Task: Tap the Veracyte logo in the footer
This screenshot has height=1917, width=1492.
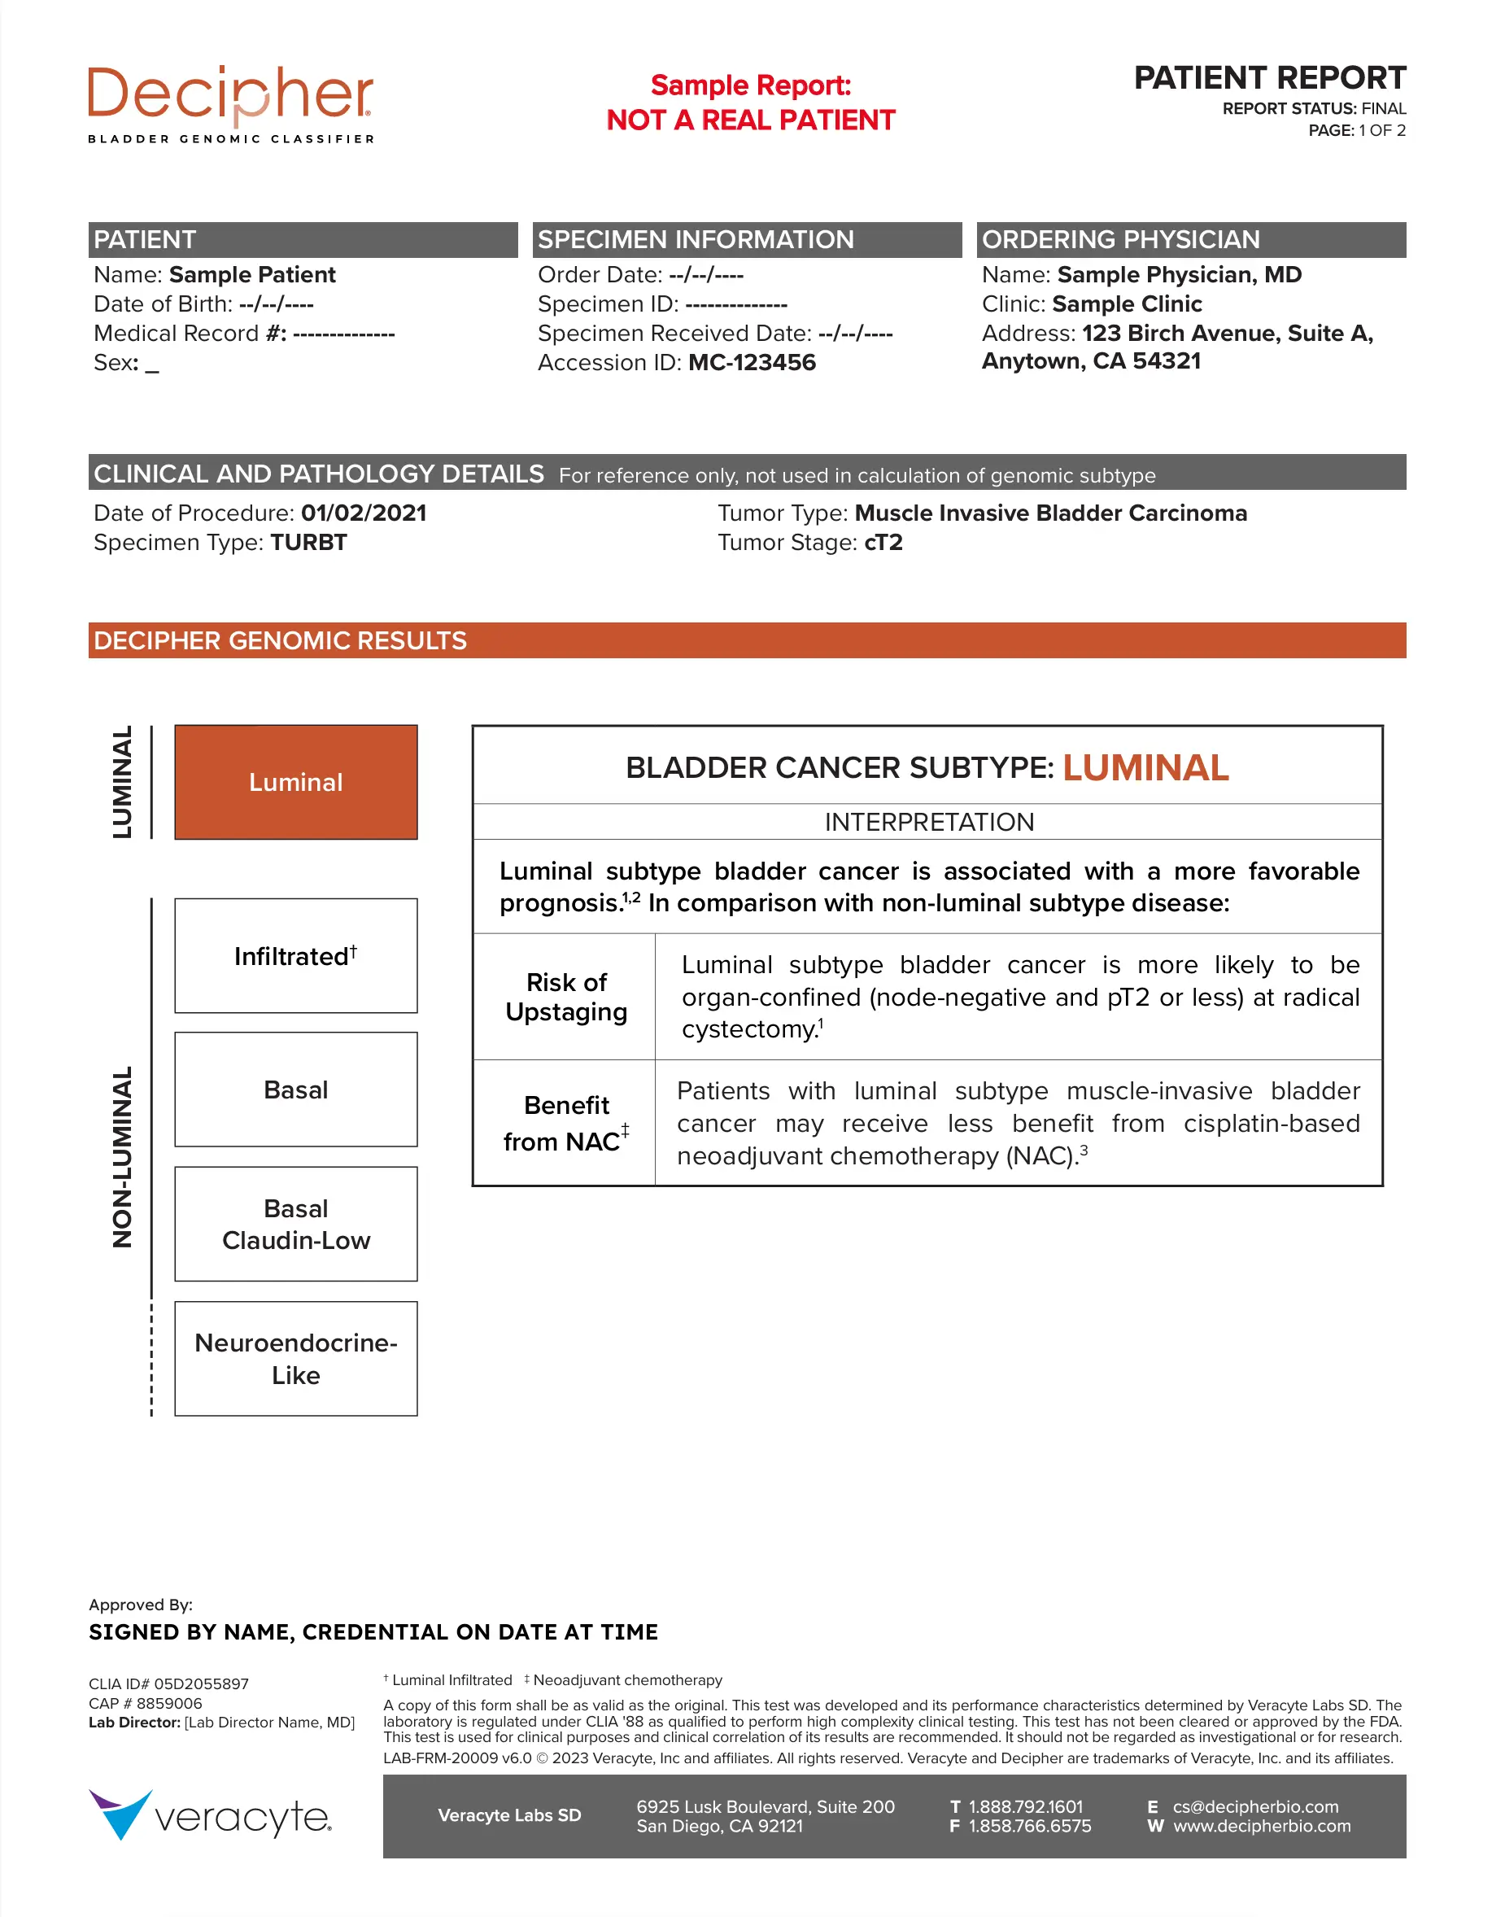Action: (211, 1816)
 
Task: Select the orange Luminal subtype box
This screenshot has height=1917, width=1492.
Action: (296, 782)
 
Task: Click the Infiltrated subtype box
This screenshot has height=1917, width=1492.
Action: (296, 956)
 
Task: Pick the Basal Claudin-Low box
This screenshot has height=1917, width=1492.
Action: (296, 1225)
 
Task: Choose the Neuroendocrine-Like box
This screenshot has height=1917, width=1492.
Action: (296, 1359)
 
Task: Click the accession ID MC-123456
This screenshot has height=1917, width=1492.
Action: (753, 363)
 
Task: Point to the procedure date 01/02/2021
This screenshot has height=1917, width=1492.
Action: (364, 513)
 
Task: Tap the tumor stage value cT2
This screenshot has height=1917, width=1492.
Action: (883, 543)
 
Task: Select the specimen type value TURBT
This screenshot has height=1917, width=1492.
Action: (308, 543)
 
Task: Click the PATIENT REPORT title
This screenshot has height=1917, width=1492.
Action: (1269, 78)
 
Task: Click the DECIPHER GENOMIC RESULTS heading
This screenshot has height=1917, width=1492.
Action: (280, 640)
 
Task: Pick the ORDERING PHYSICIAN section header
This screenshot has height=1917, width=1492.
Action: (1121, 239)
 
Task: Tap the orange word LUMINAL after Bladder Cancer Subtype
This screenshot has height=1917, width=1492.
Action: (1145, 768)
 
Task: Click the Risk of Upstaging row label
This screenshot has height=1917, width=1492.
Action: (566, 997)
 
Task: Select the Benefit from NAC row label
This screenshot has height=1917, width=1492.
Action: (566, 1124)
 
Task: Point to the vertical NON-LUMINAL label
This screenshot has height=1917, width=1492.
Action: (123, 1157)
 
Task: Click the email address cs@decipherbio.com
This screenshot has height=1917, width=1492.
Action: (1256, 1806)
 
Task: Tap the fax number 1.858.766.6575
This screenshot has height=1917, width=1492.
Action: (1029, 1826)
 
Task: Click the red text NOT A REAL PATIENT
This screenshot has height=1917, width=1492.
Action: (750, 120)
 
